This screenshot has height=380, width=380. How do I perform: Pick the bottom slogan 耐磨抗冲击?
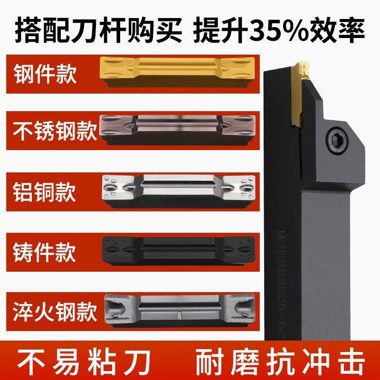(x=284, y=358)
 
